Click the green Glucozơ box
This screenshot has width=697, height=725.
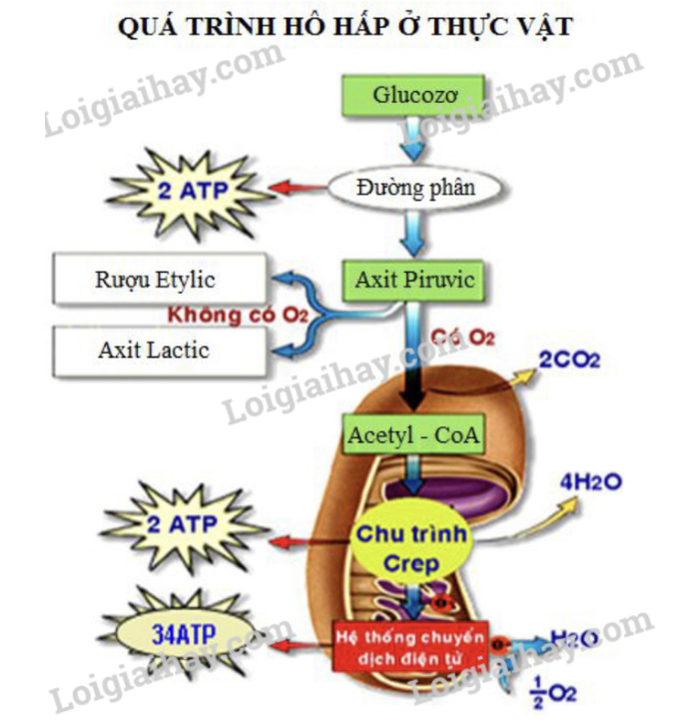[414, 97]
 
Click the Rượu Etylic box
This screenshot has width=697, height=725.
[161, 279]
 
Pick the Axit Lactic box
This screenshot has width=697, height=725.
[160, 350]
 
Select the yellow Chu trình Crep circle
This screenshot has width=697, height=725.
[411, 547]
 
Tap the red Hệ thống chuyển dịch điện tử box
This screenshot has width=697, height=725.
[411, 645]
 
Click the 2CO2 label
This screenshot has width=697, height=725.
[569, 359]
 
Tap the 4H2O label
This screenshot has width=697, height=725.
[591, 482]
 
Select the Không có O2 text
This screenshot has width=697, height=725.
[237, 316]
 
